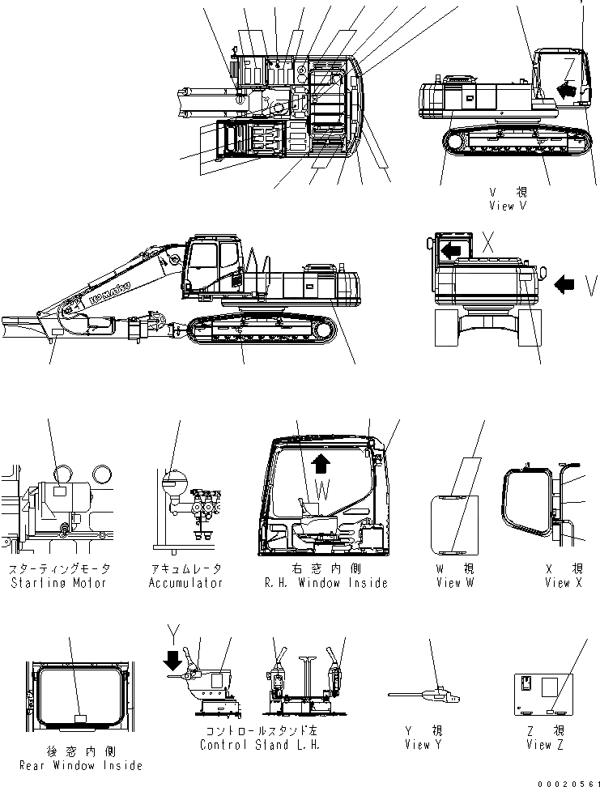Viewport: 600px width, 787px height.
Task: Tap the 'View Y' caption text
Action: point(421,745)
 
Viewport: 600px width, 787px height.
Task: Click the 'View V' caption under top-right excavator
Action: point(508,206)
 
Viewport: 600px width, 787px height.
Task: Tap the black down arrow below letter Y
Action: point(172,662)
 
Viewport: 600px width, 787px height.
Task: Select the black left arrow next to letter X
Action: point(450,251)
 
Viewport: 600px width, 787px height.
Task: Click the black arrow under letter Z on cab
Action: point(568,86)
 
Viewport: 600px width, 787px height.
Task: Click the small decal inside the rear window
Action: point(80,717)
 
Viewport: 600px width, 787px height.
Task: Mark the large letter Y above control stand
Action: point(170,632)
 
